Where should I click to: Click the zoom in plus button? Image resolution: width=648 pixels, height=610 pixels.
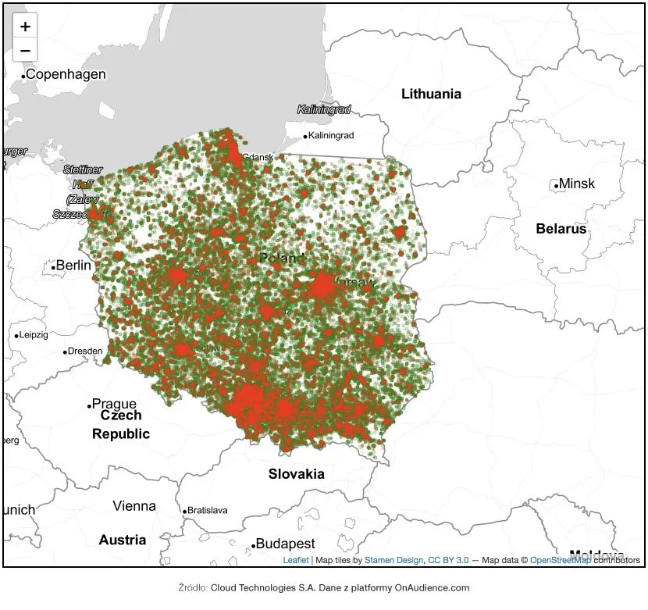(x=26, y=27)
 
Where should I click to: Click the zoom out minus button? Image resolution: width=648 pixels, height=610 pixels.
(x=26, y=51)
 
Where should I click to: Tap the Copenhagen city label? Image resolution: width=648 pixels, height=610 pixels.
(x=66, y=75)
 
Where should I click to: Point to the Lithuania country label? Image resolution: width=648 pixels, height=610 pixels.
(x=431, y=94)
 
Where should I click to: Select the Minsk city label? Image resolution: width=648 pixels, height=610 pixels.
(x=577, y=184)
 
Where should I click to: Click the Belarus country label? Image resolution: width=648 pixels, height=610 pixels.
(x=561, y=229)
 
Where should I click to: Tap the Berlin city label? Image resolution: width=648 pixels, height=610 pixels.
(x=74, y=266)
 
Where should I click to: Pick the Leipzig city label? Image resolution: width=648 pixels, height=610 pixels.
(x=34, y=335)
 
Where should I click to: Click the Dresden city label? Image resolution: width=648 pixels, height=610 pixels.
(x=85, y=351)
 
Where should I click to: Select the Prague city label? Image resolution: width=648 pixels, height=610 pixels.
(x=114, y=404)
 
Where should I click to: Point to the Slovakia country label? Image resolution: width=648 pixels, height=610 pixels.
(x=296, y=473)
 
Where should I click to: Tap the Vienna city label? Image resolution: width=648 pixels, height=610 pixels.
(x=134, y=506)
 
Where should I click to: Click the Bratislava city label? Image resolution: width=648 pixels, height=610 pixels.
(x=208, y=511)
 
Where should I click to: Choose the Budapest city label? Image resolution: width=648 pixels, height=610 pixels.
(x=285, y=544)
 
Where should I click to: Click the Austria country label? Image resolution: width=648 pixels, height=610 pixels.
(x=122, y=540)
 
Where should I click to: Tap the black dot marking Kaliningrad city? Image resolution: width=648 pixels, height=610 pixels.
(x=305, y=137)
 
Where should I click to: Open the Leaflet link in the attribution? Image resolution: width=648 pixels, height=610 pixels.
(x=295, y=560)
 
